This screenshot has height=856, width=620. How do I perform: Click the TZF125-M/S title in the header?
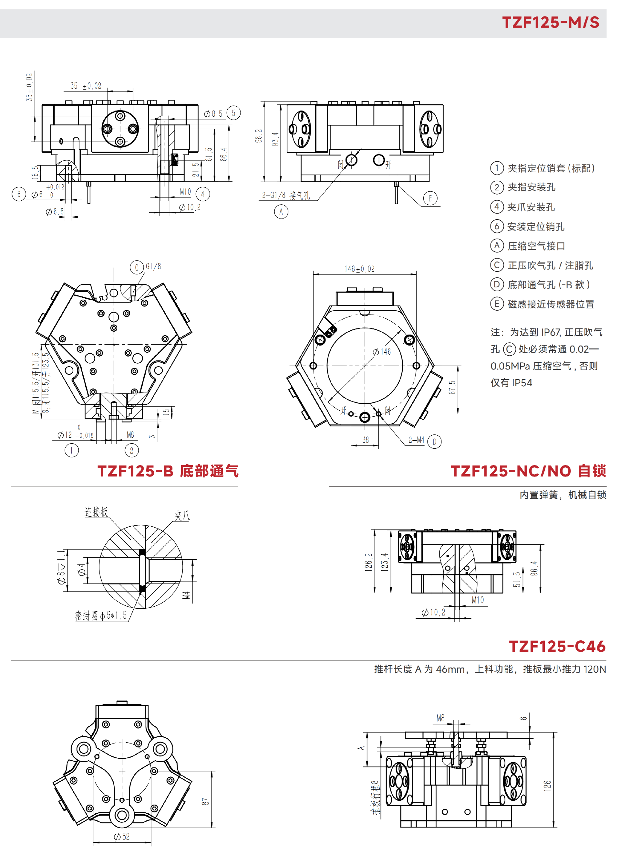pos(550,22)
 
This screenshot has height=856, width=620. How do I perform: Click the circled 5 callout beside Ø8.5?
pos(233,113)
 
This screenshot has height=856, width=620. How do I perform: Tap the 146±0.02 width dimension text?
pos(359,269)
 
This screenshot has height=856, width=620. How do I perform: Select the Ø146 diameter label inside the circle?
pos(382,352)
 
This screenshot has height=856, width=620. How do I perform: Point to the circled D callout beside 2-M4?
pos(434,441)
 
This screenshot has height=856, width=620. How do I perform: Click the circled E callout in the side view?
pos(430,198)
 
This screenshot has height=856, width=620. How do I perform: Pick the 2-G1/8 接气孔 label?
pos(286,195)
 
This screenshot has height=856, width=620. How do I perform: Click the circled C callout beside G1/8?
pos(137,267)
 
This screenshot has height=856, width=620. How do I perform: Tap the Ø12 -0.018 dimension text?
pos(75,435)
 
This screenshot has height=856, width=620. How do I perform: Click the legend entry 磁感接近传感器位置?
pos(551,304)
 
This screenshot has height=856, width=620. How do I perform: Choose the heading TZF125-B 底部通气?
pos(168,471)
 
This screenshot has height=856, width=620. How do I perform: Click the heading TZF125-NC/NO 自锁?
pos(528,471)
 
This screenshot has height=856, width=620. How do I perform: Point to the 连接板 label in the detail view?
pos(96,512)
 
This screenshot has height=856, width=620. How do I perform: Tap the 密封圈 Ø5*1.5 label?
pos(101,615)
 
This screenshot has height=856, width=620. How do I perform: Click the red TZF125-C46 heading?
pos(557,647)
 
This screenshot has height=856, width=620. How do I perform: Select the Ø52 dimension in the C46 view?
pos(122,837)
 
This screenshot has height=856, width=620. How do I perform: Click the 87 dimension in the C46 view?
pos(205,801)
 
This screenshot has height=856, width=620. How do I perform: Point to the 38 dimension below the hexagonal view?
pos(366,440)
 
